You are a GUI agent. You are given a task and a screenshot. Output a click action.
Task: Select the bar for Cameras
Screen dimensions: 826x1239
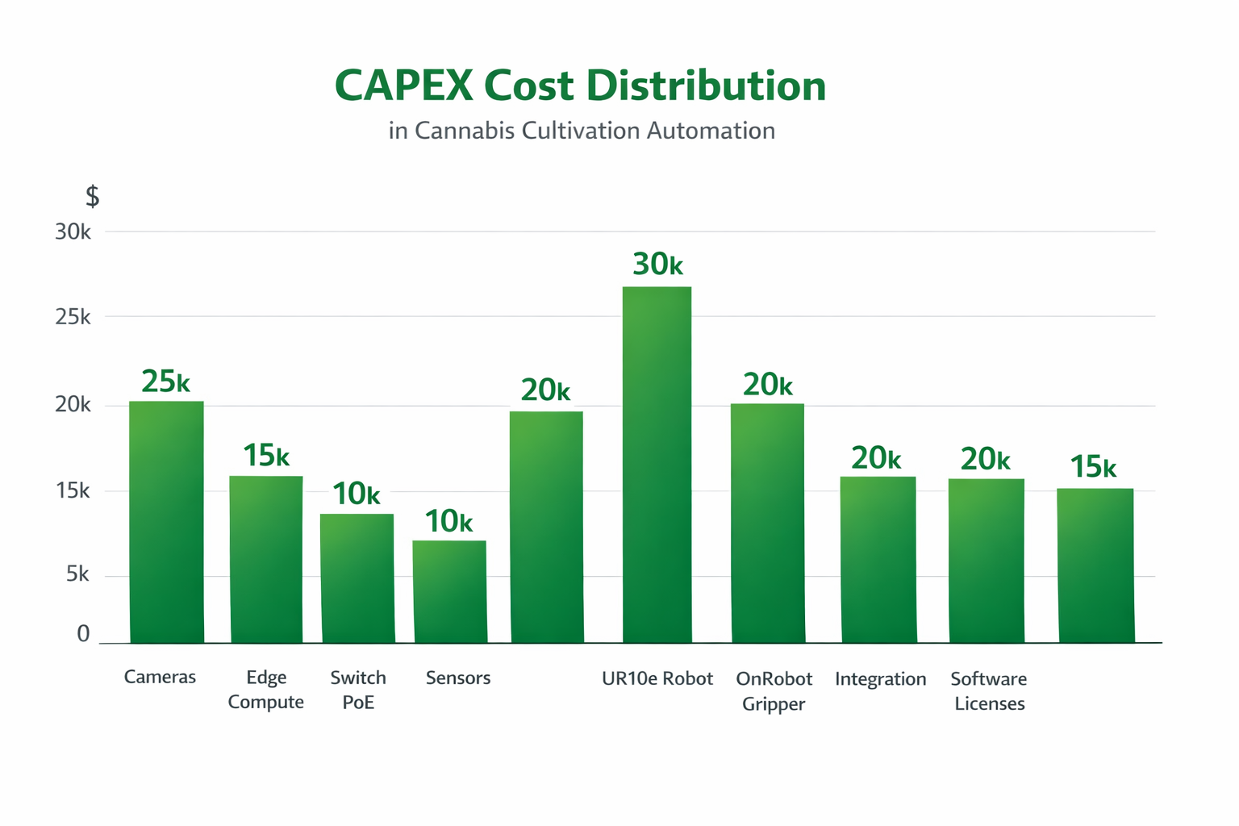click(166, 522)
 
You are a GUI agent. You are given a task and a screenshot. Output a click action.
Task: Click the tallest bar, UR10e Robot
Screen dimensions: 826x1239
click(657, 465)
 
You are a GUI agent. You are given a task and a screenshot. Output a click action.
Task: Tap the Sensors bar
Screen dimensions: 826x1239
click(449, 591)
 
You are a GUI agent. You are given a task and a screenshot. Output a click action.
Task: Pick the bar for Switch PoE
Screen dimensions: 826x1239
click(357, 578)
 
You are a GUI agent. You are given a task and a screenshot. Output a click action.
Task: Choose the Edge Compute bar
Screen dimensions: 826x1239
click(266, 559)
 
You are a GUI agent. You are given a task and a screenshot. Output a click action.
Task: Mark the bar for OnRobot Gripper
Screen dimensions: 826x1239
click(767, 523)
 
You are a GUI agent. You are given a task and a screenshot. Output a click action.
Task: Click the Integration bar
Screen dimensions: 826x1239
click(878, 559)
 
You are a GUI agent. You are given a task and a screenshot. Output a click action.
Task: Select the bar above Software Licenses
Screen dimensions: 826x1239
click(986, 561)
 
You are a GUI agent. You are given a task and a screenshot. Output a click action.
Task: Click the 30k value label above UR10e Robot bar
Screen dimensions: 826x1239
click(657, 265)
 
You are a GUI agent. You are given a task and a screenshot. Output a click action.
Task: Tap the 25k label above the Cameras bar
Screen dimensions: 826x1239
click(165, 382)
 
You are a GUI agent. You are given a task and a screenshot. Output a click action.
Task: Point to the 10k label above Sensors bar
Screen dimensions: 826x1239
click(448, 522)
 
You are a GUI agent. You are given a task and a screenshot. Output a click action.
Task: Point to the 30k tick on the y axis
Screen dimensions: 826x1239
click(73, 232)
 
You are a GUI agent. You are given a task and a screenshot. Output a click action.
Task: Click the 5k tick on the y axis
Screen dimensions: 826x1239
click(77, 574)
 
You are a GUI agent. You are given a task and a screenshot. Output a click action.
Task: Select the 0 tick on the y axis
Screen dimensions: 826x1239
click(83, 634)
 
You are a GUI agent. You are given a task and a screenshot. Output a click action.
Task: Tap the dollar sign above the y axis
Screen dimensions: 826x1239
click(92, 196)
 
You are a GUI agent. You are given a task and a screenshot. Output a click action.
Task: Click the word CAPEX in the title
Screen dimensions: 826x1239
click(403, 86)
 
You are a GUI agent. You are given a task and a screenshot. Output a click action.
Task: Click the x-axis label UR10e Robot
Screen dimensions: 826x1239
click(657, 678)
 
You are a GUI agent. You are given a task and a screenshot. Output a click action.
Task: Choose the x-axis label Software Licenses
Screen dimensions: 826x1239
click(989, 690)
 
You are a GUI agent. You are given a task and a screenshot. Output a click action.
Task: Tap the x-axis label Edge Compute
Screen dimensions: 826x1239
click(265, 690)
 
